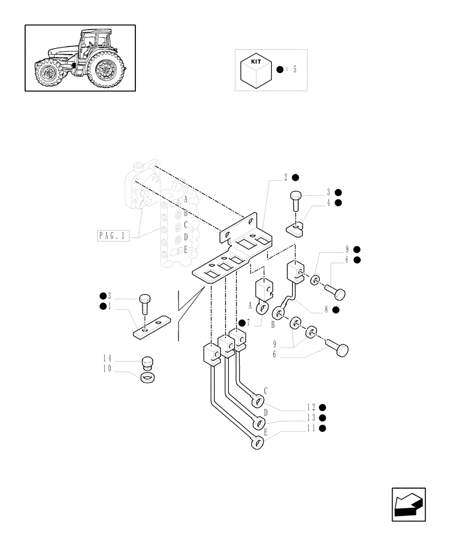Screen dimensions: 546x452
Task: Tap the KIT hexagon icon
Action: (x=256, y=70)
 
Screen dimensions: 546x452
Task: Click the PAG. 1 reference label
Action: (x=112, y=236)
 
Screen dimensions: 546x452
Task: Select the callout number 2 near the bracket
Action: (x=286, y=177)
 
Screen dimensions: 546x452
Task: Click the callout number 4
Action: (x=329, y=203)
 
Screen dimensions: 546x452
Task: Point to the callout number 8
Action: (x=326, y=310)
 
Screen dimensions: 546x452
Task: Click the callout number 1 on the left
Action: (x=109, y=306)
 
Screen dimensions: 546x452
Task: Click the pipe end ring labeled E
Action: (x=257, y=443)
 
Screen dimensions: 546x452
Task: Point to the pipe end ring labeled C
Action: (x=257, y=402)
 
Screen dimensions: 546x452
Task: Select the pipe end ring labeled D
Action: (x=257, y=423)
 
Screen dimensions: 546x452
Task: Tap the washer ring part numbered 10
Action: (x=147, y=377)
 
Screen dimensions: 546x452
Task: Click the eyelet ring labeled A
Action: (x=264, y=310)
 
